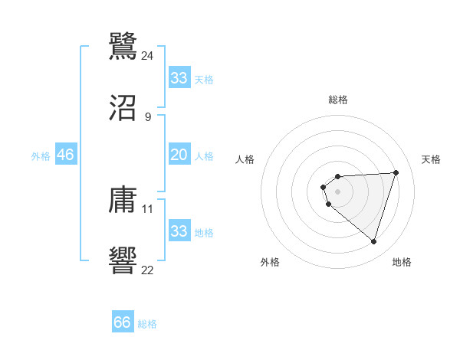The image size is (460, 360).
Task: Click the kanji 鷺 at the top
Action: point(123,45)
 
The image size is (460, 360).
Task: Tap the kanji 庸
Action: point(123,200)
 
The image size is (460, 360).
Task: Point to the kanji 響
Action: point(123,260)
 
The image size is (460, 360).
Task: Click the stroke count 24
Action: point(147,55)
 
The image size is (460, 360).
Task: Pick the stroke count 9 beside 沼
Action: point(148,117)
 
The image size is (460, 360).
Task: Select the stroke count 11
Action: point(148,208)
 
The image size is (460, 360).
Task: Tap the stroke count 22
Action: point(148,270)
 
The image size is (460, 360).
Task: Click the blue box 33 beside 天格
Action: point(179,78)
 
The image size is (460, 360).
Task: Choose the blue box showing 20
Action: point(179,155)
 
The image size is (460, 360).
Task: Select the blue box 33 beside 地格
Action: point(179,231)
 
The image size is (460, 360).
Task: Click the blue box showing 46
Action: point(66,155)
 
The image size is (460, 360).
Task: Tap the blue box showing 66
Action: point(123,322)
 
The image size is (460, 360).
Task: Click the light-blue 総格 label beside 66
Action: point(147,324)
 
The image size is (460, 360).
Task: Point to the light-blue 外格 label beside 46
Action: point(41,156)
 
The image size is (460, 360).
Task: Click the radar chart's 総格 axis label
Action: point(337,100)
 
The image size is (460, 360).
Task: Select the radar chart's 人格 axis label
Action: point(245,159)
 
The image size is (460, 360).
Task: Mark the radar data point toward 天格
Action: point(396,172)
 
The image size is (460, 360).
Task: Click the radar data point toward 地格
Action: point(373,241)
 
